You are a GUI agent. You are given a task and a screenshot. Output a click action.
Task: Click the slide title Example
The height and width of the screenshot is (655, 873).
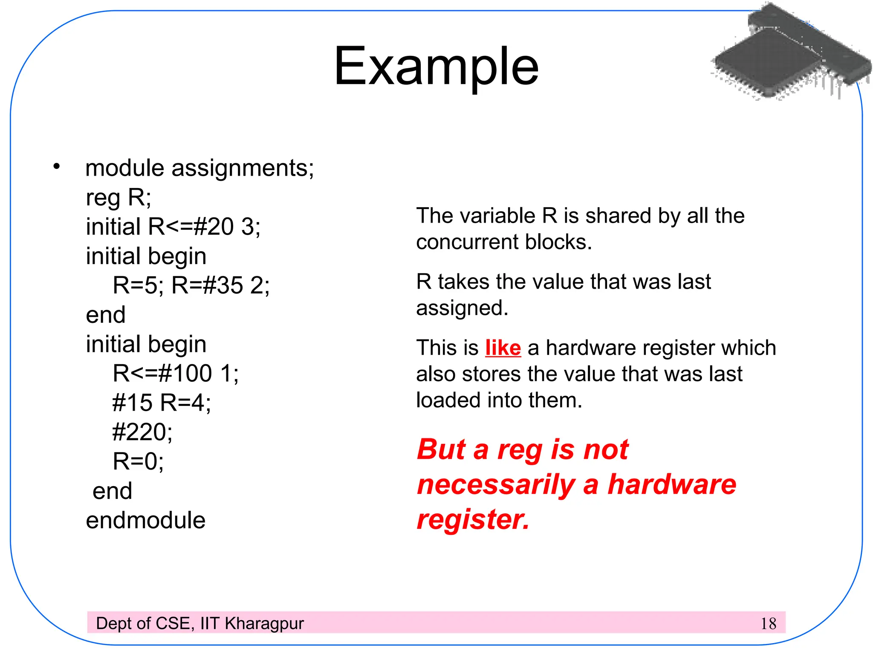pos(436,67)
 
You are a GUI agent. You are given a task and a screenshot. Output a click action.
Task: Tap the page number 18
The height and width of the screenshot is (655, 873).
pos(768,624)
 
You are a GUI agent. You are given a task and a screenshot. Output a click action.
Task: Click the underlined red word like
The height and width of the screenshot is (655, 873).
pos(503,348)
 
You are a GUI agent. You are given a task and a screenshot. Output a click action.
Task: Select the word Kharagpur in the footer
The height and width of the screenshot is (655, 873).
pos(264,623)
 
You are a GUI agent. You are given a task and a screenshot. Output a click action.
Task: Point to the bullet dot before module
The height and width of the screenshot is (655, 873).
pos(56,166)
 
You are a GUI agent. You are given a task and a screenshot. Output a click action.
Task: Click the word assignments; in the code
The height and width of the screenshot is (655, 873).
pos(243,168)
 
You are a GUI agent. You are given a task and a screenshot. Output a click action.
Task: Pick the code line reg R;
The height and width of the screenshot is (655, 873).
pos(119,197)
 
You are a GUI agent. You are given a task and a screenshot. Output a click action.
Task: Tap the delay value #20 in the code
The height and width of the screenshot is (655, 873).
pos(214,226)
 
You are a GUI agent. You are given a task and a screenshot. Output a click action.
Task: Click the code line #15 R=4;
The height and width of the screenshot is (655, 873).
pos(162,403)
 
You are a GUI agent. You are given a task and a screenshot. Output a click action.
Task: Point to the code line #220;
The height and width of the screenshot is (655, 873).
pos(142,432)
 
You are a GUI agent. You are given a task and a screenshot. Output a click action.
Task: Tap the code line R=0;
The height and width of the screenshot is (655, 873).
pos(138,461)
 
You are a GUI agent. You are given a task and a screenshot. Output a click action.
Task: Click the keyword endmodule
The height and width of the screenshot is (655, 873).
pos(146,520)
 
